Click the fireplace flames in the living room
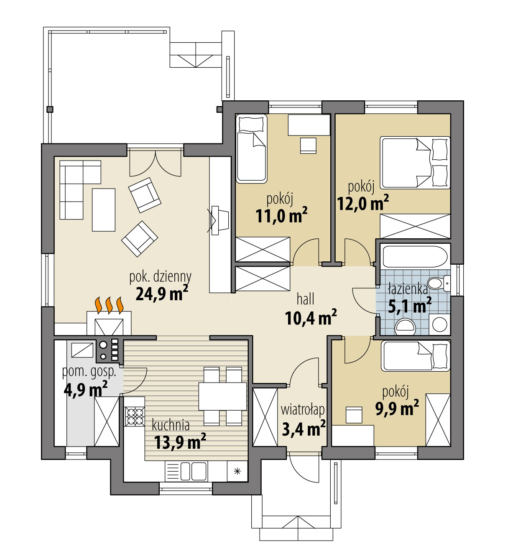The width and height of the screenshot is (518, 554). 109,305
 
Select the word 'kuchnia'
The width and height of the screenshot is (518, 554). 171,425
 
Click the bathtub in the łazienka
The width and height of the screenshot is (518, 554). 415,256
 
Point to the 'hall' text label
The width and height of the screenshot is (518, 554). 305,299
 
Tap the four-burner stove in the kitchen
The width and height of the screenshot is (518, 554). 135,416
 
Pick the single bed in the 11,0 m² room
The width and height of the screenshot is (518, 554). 252,149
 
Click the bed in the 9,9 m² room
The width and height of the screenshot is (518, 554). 415,356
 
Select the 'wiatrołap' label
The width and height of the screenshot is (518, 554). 302,409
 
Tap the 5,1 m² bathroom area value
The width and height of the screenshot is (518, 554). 409,306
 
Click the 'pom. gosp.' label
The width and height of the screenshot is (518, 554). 89,371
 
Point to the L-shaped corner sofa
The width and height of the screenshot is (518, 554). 75,184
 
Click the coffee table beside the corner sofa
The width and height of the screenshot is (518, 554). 103,209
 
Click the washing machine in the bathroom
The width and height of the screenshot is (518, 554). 439,324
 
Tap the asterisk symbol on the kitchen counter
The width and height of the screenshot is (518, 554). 237,472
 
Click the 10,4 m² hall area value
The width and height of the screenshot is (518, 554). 310,318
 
